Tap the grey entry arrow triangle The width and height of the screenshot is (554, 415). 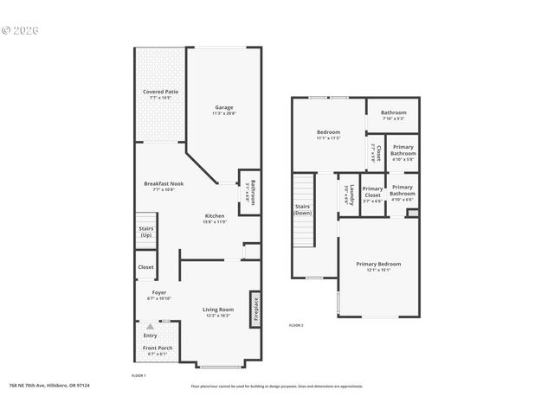pos(151,327)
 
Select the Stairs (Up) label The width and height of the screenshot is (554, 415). pos(146,232)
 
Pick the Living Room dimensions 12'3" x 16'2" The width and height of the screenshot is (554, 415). pos(218,316)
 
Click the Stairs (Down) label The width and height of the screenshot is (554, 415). pos(303,209)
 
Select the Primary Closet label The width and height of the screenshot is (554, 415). pos(372,192)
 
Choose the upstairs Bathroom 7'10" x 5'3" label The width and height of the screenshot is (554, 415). pos(394,115)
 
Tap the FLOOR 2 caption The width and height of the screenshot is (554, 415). pos(296,325)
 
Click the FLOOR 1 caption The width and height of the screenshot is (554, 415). pos(138,375)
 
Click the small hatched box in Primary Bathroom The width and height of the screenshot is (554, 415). pos(413,212)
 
